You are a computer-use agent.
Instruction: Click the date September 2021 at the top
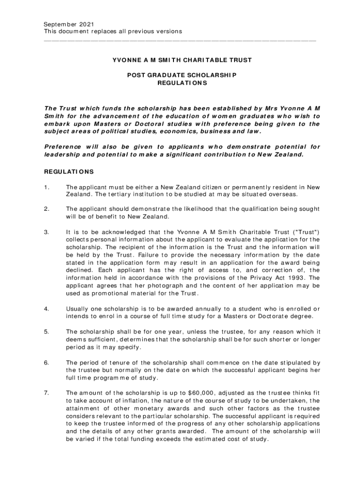click(68, 24)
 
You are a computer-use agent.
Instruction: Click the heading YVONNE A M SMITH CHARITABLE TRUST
click(182, 60)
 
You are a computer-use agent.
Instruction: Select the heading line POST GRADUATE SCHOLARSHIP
click(182, 75)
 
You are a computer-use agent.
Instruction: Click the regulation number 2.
click(46, 208)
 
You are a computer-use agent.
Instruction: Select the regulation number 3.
click(46, 232)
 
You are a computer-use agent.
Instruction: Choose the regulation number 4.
click(46, 309)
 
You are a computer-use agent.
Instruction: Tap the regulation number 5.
click(46, 332)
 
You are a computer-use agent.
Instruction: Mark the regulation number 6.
click(46, 363)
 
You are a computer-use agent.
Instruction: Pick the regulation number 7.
click(46, 392)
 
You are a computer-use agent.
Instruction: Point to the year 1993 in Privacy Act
click(295, 277)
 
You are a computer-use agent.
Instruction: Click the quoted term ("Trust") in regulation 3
click(305, 232)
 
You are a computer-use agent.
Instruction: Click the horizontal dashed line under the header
click(180, 40)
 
